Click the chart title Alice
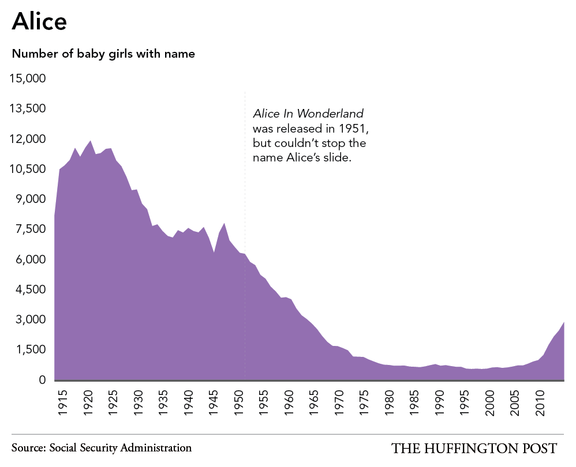coord(39,21)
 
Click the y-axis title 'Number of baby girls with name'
coord(103,54)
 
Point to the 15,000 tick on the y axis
coord(28,78)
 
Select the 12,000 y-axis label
coord(28,139)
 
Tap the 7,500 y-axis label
coord(31,229)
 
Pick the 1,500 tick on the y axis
coord(31,349)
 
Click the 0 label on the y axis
coord(42,380)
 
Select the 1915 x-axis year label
coord(63,403)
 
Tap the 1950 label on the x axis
coord(239,403)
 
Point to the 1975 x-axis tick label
coord(364,403)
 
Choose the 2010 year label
coord(540,403)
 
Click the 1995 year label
coord(465,403)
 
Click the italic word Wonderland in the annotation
coord(330,114)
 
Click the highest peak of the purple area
coord(91,141)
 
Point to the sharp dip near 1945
coord(214,253)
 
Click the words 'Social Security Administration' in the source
coord(121,448)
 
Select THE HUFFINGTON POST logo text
coord(474,449)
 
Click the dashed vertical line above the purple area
coord(245,172)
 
